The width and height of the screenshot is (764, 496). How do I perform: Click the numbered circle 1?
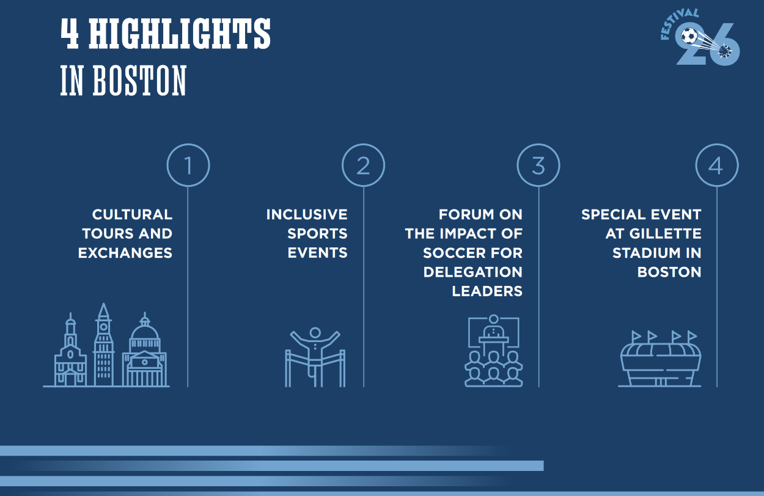tap(188, 145)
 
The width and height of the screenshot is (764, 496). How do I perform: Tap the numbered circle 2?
tap(363, 145)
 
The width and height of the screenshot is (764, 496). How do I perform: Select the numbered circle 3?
tap(538, 145)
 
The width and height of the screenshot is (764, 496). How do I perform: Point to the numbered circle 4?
tap(717, 145)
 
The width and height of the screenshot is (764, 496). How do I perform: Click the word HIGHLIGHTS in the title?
tap(180, 34)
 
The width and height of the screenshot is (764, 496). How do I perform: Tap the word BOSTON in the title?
tap(140, 81)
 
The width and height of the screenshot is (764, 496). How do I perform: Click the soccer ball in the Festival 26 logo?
tap(689, 36)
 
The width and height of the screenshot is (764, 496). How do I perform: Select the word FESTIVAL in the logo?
tap(678, 23)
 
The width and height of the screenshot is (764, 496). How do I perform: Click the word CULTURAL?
tap(132, 214)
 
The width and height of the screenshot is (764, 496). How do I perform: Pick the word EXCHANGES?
tap(125, 253)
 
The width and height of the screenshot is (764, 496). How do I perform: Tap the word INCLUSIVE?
tap(307, 214)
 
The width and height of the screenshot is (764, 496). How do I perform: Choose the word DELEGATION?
tap(472, 272)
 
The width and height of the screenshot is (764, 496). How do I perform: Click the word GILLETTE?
tap(665, 234)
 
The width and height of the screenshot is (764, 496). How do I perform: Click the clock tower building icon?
tap(104, 345)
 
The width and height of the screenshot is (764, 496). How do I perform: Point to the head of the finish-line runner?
tap(315, 332)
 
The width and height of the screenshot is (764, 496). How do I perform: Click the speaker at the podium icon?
tap(493, 329)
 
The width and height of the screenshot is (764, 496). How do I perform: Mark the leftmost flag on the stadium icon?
tap(636, 337)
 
